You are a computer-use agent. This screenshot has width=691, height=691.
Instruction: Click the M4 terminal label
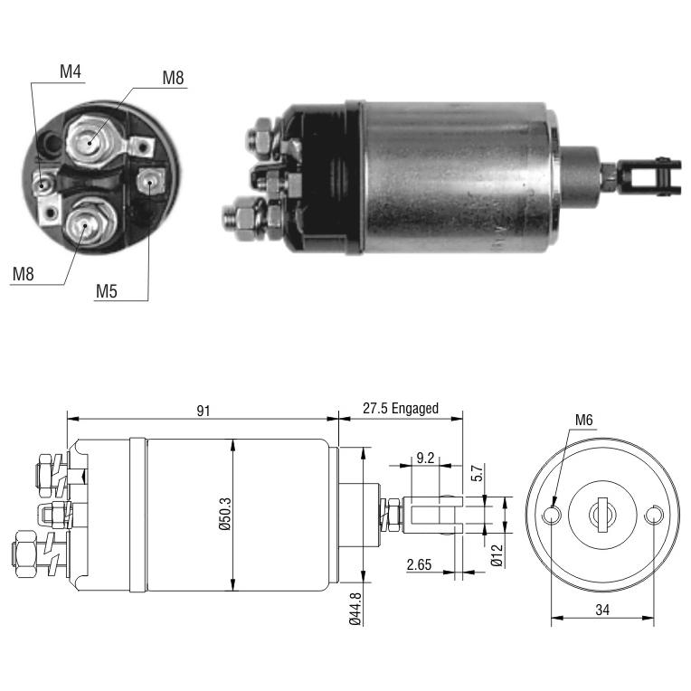pyautogui.click(x=71, y=71)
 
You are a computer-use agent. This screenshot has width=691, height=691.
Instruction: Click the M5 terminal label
pyautogui.click(x=107, y=291)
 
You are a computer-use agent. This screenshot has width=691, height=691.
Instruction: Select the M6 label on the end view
pyautogui.click(x=584, y=420)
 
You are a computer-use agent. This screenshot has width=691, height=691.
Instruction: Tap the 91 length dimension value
pyautogui.click(x=204, y=411)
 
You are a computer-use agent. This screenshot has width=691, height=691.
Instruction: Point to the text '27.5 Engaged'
pyautogui.click(x=401, y=409)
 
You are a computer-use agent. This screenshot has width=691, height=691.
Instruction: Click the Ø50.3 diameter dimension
pyautogui.click(x=224, y=514)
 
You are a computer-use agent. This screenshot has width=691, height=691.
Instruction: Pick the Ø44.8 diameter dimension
pyautogui.click(x=355, y=609)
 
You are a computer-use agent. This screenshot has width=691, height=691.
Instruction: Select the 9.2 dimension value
pyautogui.click(x=425, y=458)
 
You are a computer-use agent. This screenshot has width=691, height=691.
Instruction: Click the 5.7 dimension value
pyautogui.click(x=478, y=473)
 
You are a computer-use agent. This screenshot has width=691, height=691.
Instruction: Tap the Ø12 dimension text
pyautogui.click(x=497, y=555)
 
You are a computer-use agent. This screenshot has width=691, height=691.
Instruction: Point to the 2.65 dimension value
pyautogui.click(x=419, y=564)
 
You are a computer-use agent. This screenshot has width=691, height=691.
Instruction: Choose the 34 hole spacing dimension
pyautogui.click(x=602, y=610)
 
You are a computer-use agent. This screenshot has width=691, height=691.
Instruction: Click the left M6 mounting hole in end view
pyautogui.click(x=552, y=515)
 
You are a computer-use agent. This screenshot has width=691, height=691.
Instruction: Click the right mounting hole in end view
pyautogui.click(x=654, y=515)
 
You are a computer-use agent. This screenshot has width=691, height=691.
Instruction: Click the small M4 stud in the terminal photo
pyautogui.click(x=43, y=184)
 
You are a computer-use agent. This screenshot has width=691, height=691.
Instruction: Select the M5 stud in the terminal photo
pyautogui.click(x=149, y=181)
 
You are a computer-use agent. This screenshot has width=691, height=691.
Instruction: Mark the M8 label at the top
pyautogui.click(x=173, y=78)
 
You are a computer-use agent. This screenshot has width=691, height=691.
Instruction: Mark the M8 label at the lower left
pyautogui.click(x=24, y=274)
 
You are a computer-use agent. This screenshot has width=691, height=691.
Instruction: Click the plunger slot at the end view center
pyautogui.click(x=602, y=515)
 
